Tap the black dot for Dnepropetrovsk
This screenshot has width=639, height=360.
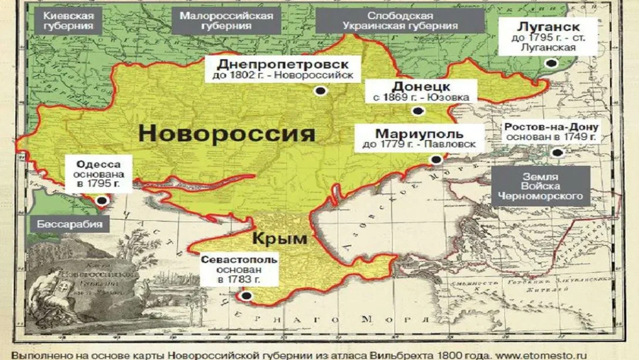321,90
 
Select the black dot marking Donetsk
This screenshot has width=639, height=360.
417,111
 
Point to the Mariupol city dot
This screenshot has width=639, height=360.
436,160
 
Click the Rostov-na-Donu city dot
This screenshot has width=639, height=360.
557,152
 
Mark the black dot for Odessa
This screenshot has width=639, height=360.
102,200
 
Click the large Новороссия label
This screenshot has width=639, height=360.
227,134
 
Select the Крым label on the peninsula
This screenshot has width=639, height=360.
280,238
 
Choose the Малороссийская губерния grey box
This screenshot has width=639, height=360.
226,21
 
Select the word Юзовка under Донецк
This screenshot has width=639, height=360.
449,97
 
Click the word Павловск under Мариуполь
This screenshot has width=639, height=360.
452,145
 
